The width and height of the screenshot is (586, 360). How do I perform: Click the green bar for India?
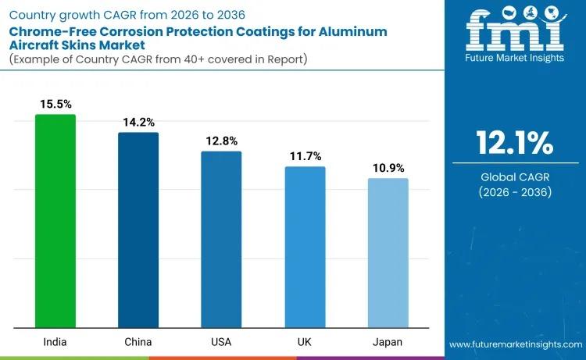pos(55,221)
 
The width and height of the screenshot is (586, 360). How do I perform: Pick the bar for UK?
pos(305,247)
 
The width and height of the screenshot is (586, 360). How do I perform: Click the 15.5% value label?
pos(55,104)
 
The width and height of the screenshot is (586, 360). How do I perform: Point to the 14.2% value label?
pos(138,122)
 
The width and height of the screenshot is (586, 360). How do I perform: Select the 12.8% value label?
pos(221,141)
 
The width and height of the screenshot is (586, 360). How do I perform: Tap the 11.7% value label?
pos(305,156)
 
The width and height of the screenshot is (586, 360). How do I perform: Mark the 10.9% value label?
pos(388,168)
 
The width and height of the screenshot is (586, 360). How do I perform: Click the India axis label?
pos(55,343)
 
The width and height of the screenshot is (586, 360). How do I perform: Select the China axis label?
pos(138,343)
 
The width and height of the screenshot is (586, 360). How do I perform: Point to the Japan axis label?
pos(388,343)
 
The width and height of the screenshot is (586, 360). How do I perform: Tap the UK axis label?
pos(305,343)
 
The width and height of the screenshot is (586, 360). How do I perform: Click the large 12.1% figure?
pos(515,144)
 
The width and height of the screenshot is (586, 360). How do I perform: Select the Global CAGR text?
pos(515,177)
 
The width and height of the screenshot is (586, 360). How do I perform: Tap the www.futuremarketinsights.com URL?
pos(515,344)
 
